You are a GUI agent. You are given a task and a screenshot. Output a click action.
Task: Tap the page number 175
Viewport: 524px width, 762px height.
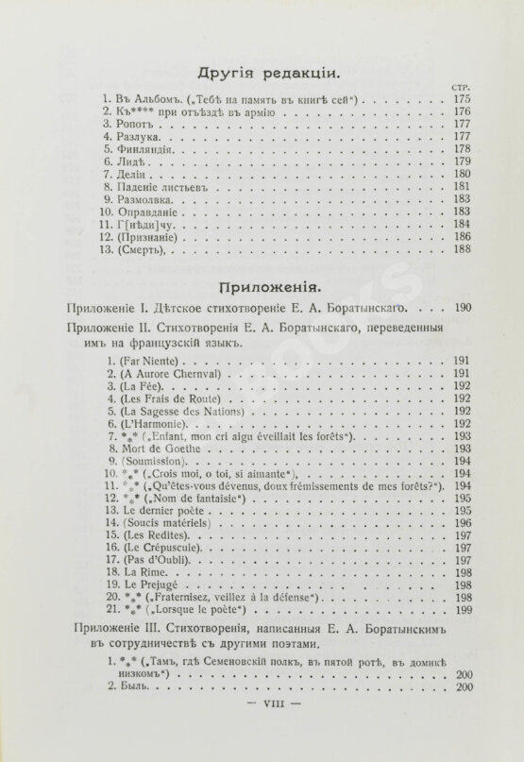[461, 97]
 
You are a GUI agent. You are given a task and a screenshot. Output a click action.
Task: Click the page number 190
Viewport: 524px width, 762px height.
[461, 308]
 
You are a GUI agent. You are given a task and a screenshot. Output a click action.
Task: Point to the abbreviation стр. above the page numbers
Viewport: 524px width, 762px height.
[461, 85]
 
